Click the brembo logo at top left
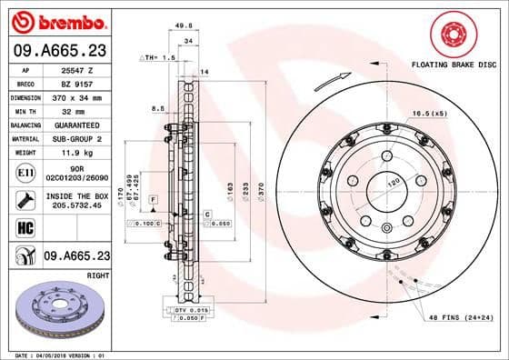pyautogui.click(x=62, y=20)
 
